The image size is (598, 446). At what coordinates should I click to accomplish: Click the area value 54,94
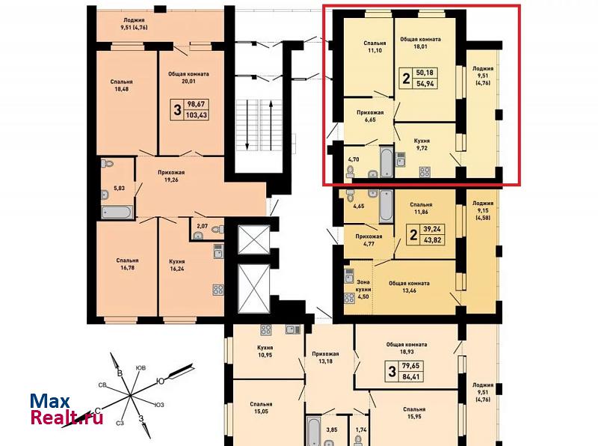coord(425,84)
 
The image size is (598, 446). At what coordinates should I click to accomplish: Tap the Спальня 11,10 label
coord(374,46)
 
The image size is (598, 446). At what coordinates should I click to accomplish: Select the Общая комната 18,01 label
coord(420,43)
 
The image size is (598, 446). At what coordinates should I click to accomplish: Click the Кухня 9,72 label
coord(422,144)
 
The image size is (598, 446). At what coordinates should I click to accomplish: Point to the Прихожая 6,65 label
coord(370,116)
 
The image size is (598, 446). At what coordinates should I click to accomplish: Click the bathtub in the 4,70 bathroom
coord(386,162)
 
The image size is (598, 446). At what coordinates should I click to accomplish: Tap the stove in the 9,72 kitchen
coord(425,172)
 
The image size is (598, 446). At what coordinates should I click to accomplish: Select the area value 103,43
coord(197,114)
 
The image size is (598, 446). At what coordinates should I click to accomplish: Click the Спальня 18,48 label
coord(121,85)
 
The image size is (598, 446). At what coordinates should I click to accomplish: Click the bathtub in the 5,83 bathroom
coord(117,213)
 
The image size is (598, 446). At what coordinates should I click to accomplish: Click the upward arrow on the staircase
coord(271,125)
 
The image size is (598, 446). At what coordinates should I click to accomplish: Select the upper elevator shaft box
coord(253,239)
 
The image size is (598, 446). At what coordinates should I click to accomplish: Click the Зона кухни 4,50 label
coord(363,290)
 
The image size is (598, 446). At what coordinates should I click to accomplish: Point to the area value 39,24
coord(432,229)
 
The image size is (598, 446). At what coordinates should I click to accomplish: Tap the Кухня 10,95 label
coord(265,351)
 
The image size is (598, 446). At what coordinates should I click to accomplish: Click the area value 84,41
coord(410,377)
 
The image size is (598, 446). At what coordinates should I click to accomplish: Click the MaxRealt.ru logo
coord(67,410)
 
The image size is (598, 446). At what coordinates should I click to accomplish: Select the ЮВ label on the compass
coord(141,367)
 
